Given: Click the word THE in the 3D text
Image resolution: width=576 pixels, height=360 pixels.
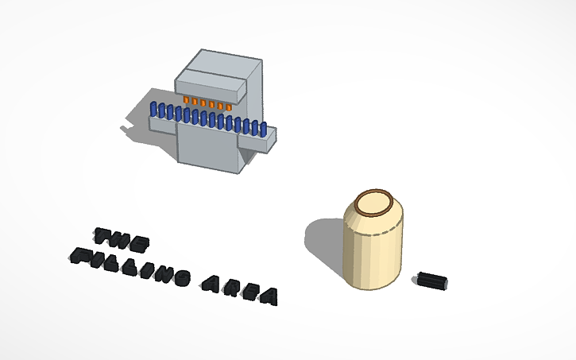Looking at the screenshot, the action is point(122,239).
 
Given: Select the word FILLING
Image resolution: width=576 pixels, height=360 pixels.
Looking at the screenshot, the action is point(130,266).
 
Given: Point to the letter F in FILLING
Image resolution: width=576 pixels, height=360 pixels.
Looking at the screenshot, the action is point(79,255).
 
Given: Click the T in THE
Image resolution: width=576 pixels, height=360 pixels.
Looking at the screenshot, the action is point(103,235).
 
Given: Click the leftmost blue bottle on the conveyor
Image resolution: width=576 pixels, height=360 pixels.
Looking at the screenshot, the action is point(153,109).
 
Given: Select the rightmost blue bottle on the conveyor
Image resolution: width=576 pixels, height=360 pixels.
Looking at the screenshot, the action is point(263,130).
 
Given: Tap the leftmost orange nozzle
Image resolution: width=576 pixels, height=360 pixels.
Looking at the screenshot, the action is point(186,99).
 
